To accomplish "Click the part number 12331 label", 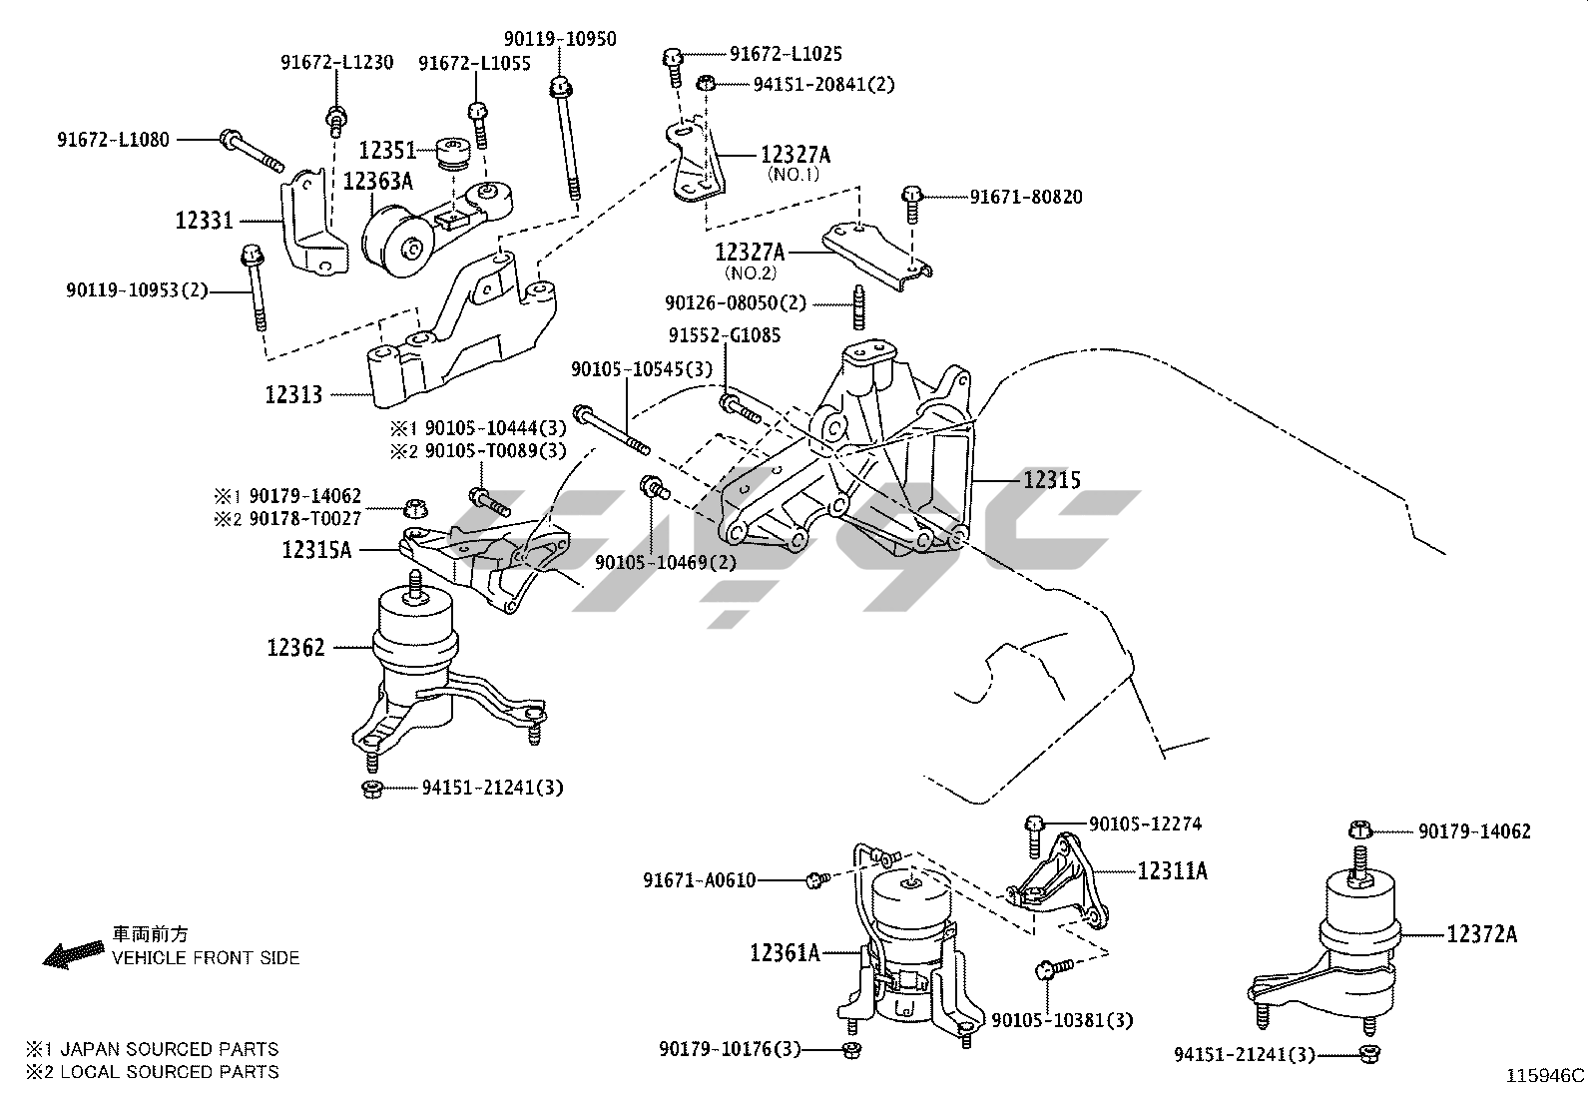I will click(204, 221).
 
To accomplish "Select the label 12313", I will click(293, 395).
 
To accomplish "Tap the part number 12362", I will click(295, 648).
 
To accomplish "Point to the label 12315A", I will click(316, 549).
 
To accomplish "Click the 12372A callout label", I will click(1481, 934).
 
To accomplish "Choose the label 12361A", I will click(785, 953).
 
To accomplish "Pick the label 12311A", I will click(1172, 871).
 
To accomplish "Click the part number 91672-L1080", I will click(113, 140).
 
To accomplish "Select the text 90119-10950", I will click(560, 40).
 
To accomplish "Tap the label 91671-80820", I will click(1026, 198).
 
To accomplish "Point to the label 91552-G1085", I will click(725, 335).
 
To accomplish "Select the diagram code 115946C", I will click(1545, 1076).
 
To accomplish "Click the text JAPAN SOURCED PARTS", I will click(169, 1049).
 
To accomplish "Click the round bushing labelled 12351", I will click(455, 155).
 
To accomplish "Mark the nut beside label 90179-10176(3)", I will click(850, 1049).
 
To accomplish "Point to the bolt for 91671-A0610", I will click(816, 879).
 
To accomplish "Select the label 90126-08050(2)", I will click(736, 302).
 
